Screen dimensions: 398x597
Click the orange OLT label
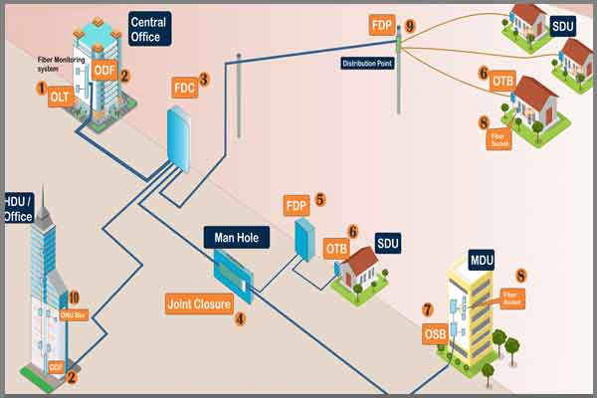click(x=61, y=97)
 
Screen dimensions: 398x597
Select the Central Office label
click(x=151, y=29)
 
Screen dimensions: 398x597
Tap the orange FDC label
click(x=184, y=87)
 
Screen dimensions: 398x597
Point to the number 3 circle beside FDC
click(x=204, y=78)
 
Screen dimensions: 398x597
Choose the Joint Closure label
click(x=199, y=302)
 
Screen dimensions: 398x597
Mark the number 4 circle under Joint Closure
click(x=239, y=319)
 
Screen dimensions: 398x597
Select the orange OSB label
click(x=436, y=332)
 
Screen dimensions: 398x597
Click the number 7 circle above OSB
click(x=428, y=309)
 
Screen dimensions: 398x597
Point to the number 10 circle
click(x=73, y=297)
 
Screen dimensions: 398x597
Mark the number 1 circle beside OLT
click(x=42, y=89)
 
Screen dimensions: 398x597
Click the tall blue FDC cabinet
click(x=180, y=138)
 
